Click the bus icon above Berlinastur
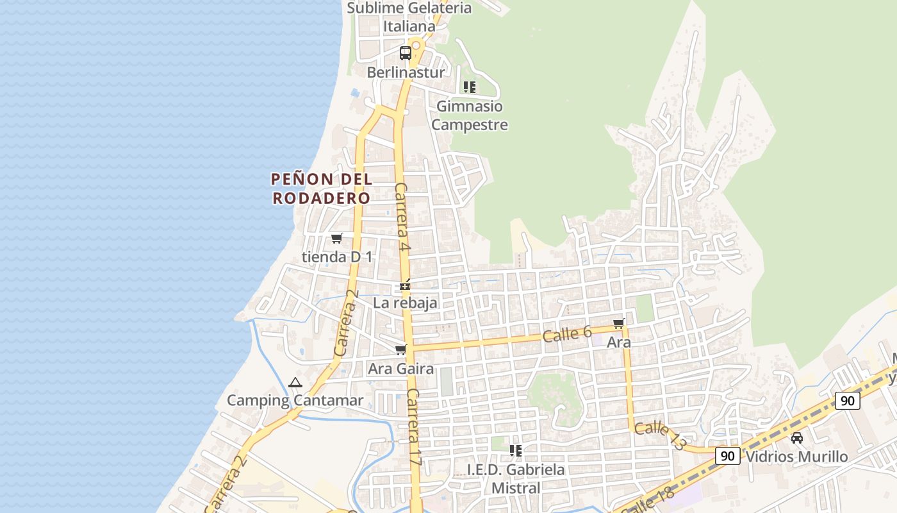click(406, 53)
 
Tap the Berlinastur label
click(406, 72)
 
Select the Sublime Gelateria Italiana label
click(409, 17)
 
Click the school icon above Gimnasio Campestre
click(470, 87)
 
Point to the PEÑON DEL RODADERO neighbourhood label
click(322, 189)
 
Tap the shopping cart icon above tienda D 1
click(337, 239)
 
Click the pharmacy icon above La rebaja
click(405, 285)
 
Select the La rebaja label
click(406, 303)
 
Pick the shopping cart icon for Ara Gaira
click(401, 350)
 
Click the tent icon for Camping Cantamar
click(295, 383)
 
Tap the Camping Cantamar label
click(295, 401)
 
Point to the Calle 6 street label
click(567, 334)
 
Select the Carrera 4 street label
click(402, 216)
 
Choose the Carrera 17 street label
click(414, 427)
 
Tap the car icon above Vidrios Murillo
click(797, 438)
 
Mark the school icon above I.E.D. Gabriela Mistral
click(516, 451)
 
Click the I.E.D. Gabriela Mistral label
click(516, 478)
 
